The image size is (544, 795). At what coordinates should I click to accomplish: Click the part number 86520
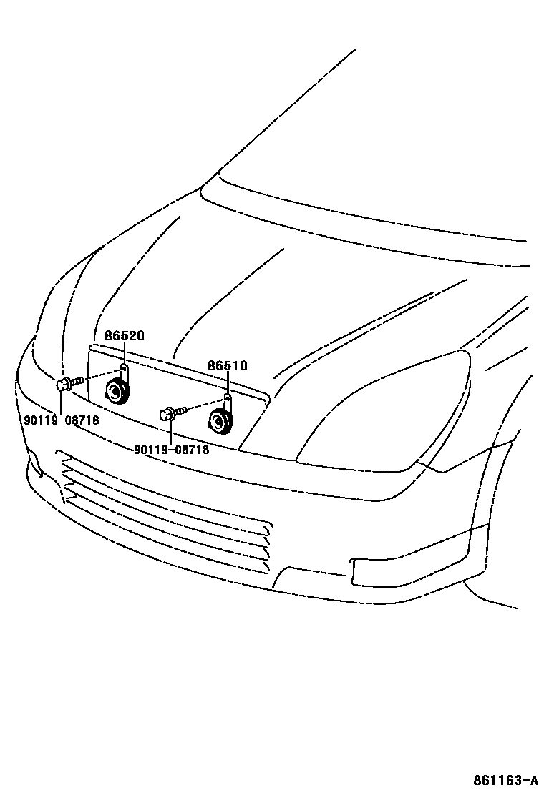125,335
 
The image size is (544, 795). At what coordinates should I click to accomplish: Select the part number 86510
228,366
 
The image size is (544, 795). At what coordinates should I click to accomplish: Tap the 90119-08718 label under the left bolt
62,420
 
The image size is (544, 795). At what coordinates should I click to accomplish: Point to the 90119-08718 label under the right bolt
172,450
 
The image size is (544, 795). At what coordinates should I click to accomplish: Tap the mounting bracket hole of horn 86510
227,397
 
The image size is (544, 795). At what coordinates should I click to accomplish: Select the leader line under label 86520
125,352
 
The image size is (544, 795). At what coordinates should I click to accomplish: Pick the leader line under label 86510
228,382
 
